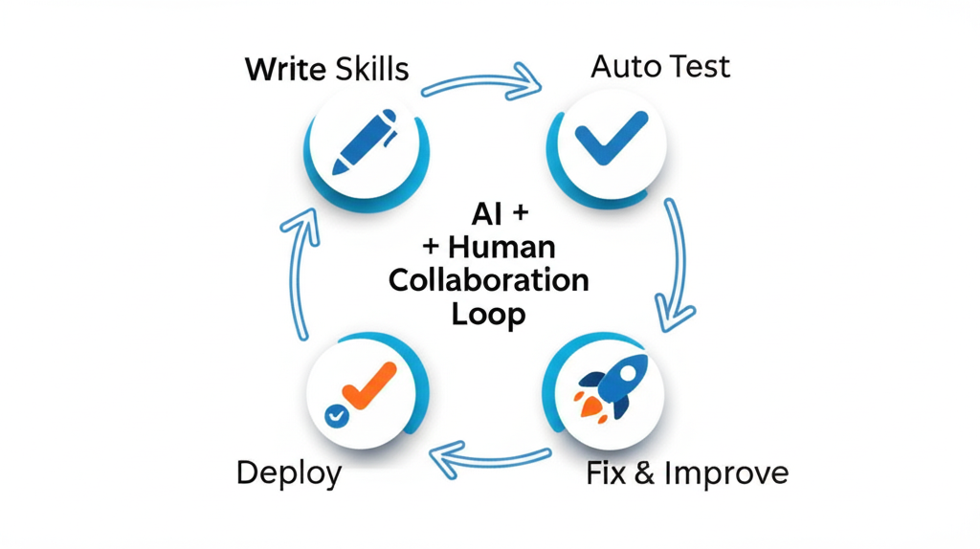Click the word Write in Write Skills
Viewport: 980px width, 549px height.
(x=285, y=70)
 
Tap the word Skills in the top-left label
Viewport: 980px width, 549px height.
(x=372, y=70)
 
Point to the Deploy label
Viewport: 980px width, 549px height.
(x=288, y=473)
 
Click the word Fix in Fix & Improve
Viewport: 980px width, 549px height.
(x=607, y=473)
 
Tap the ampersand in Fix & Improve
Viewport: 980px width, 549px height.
(x=645, y=473)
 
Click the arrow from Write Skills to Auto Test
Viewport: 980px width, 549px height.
(x=483, y=82)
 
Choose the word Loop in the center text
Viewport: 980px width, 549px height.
(x=489, y=315)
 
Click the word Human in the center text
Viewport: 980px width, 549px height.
(x=501, y=247)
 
